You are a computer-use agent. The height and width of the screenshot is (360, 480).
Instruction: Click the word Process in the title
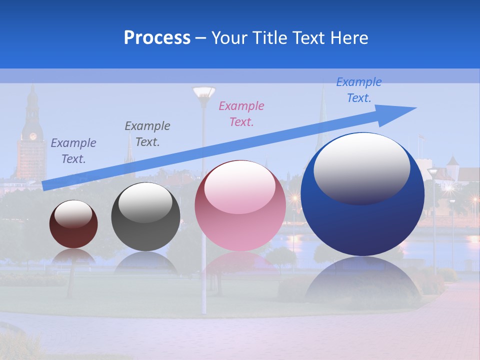(157, 38)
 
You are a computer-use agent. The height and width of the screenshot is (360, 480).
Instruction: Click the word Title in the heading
(269, 38)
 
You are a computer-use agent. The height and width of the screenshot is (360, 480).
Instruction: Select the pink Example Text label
(241, 113)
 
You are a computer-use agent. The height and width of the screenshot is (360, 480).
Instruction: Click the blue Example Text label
(358, 90)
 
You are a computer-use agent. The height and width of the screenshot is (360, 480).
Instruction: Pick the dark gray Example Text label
(147, 133)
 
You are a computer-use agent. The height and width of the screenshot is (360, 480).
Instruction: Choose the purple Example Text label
(73, 150)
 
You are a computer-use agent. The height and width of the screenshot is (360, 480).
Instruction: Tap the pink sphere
(240, 220)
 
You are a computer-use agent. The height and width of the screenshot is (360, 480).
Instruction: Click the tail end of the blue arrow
(44, 186)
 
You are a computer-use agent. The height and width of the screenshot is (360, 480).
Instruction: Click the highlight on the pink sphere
(239, 187)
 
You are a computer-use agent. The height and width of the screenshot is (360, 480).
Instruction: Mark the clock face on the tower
(33, 136)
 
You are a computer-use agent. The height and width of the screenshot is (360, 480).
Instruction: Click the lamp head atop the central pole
(203, 92)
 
